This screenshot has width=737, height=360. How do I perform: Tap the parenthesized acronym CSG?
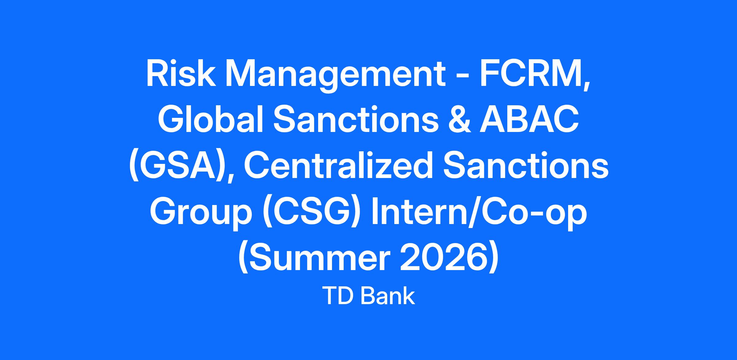pos(312,214)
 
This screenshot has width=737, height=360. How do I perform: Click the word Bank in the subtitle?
pos(388,296)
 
